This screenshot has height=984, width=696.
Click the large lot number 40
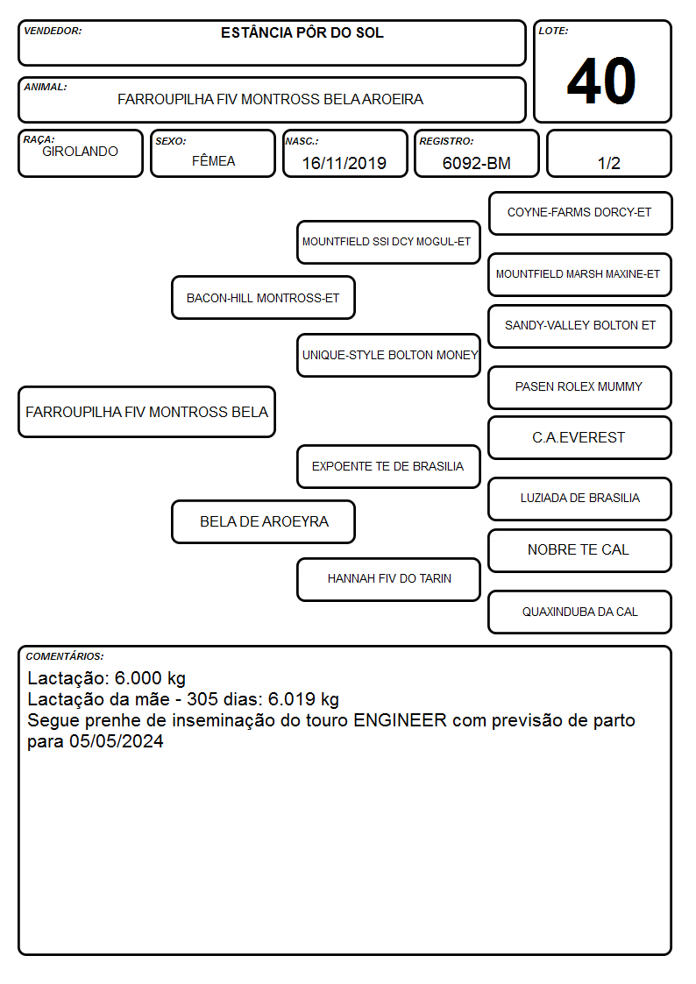(x=601, y=81)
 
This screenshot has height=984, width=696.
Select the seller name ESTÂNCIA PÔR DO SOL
(x=302, y=32)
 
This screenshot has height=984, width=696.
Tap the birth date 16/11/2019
(x=344, y=163)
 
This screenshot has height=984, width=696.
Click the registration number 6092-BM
(x=476, y=163)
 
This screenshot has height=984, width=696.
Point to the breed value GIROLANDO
(x=80, y=152)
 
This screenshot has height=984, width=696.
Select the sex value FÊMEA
(x=213, y=160)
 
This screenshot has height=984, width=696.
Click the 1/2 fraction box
(x=608, y=153)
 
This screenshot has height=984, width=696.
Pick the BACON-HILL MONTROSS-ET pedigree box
(x=263, y=297)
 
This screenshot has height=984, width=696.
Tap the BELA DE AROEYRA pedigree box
(x=263, y=521)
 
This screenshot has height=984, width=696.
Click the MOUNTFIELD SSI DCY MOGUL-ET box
(x=388, y=242)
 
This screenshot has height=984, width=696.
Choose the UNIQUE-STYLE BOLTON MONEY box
(x=388, y=355)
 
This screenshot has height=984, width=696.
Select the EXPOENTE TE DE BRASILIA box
(x=388, y=466)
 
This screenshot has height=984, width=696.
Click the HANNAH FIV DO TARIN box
(x=388, y=579)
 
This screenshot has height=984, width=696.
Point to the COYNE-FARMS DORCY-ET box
(x=580, y=214)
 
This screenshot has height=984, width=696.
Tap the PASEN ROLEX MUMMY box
(x=580, y=387)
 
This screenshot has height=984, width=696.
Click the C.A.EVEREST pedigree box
(x=580, y=437)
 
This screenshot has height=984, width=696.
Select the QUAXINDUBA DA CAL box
(x=580, y=612)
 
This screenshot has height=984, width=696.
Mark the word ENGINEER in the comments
(x=400, y=719)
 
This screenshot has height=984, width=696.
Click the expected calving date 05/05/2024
(x=116, y=741)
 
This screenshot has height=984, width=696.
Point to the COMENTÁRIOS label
(x=65, y=656)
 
